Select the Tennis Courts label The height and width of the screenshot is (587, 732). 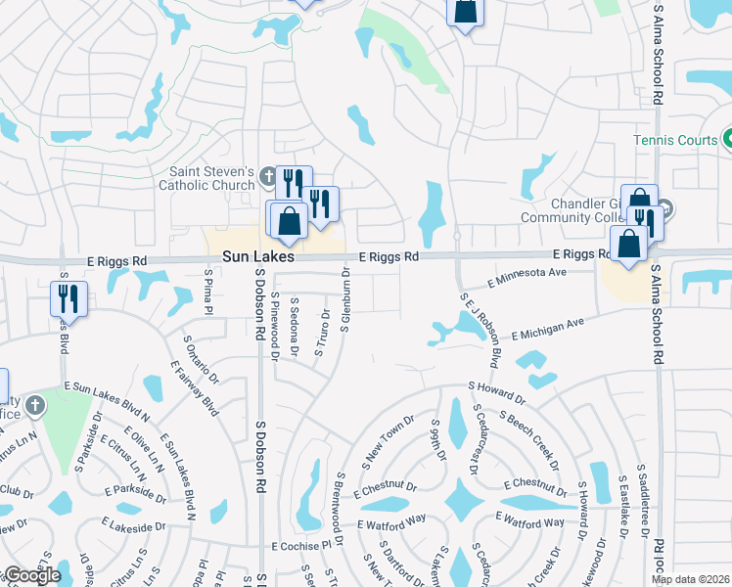click(x=674, y=141)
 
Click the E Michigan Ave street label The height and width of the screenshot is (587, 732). click(x=546, y=327)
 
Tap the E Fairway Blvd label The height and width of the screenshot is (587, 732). click(x=194, y=388)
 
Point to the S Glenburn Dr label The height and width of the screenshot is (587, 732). click(x=345, y=299)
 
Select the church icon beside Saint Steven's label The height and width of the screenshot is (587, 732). click(x=269, y=178)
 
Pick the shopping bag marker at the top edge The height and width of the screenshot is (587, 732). click(x=465, y=13)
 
